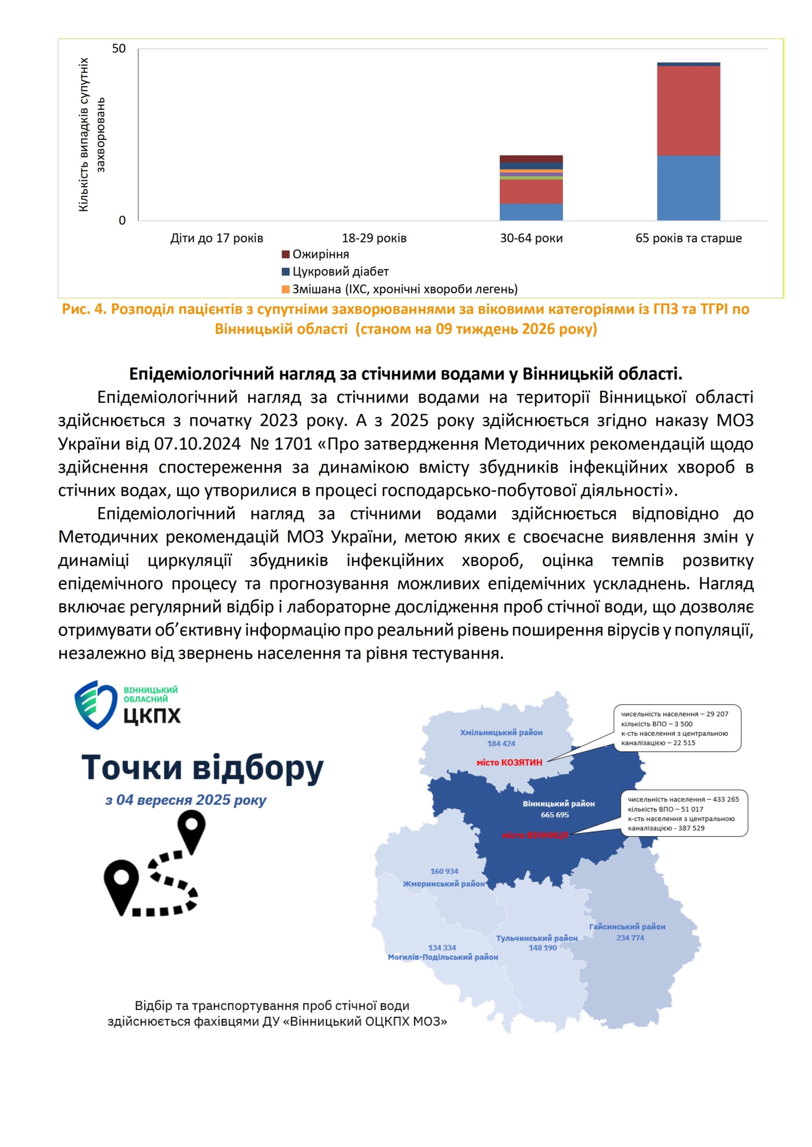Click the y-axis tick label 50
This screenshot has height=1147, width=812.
point(118,49)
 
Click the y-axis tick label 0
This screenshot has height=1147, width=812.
point(122,221)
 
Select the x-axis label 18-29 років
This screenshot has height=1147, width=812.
point(374,238)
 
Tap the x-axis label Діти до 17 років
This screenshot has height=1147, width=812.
point(217,238)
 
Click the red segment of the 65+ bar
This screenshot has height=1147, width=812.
point(688,111)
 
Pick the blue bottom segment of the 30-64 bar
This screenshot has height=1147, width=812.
point(531,212)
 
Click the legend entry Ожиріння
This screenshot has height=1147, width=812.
point(320,255)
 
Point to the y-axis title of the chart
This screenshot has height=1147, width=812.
point(91,134)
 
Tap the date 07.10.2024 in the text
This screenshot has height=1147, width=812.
point(197,444)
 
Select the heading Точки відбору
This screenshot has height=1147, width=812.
point(202,768)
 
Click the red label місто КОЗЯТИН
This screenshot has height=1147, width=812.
point(509,763)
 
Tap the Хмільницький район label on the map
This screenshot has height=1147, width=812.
point(501,733)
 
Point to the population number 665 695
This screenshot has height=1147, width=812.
point(555,815)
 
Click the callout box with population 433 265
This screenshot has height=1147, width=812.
point(687,813)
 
